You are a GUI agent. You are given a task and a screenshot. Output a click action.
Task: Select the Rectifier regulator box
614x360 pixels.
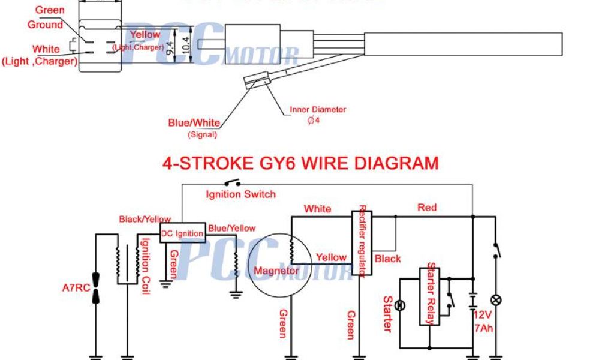coord(362,242)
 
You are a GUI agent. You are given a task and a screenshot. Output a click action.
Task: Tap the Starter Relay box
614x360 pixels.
coord(429,293)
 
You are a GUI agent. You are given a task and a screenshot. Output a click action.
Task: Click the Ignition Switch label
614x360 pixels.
coord(240,194)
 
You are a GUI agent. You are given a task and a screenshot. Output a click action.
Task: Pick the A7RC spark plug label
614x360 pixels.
coord(76,287)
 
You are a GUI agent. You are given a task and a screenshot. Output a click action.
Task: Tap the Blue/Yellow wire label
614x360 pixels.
coord(231,228)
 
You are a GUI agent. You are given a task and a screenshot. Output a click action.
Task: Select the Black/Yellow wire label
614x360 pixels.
coord(145,220)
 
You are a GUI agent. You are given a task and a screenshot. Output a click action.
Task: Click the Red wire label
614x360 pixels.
coord(427,208)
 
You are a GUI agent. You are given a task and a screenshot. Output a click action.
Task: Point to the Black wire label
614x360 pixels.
coord(387,259)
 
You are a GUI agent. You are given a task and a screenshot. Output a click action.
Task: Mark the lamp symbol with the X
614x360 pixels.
coord(496,300)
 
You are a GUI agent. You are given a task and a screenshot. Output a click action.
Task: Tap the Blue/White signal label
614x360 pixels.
coord(194,123)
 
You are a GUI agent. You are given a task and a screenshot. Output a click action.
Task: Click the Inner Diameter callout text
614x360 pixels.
coord(318,110)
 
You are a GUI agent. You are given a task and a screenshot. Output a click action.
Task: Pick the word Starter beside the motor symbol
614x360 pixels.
coord(387,314)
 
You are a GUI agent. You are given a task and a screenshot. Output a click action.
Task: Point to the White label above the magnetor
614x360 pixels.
coord(317,209)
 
